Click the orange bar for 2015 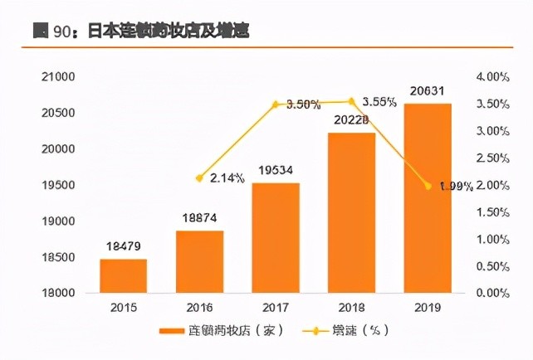[124, 276]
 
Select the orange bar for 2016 [200, 262]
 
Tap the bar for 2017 [276, 238]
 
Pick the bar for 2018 [352, 213]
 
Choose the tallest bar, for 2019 [428, 198]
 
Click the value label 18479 [123, 246]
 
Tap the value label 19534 [276, 170]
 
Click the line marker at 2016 [199, 178]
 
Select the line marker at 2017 [276, 105]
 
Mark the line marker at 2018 [351, 101]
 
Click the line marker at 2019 [428, 186]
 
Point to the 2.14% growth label [227, 178]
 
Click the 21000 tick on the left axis [58, 77]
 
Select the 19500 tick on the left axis [58, 185]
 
